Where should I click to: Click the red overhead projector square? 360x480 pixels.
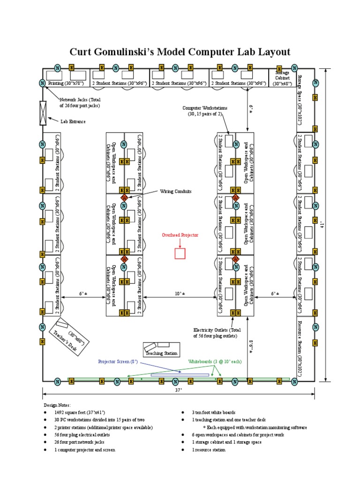click(180, 253)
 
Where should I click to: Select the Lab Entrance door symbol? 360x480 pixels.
click(43, 113)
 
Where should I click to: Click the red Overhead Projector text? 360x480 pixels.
click(180, 235)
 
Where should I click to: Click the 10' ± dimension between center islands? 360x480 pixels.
click(180, 293)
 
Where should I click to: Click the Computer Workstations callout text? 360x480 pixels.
click(205, 111)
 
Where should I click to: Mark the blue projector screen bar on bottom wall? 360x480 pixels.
click(180, 375)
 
